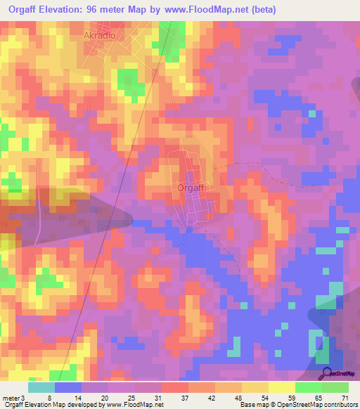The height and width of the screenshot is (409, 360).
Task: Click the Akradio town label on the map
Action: tap(99, 34)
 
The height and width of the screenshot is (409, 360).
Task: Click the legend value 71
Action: tap(345, 398)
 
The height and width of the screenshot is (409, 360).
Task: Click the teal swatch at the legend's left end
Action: tap(41, 387)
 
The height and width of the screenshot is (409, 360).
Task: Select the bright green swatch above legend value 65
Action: tap(309, 387)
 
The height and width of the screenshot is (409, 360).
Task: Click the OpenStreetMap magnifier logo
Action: tap(326, 373)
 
